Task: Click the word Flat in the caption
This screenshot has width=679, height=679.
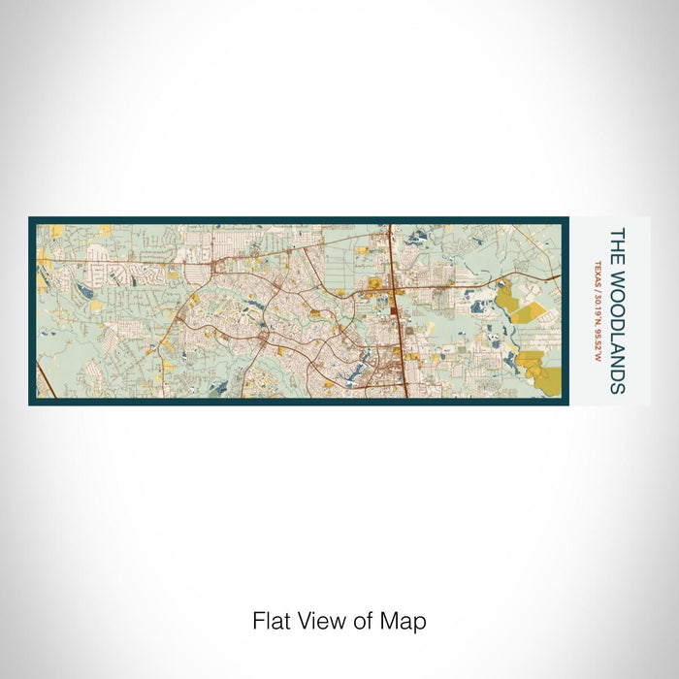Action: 272,621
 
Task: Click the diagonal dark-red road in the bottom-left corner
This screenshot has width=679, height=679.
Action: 45,378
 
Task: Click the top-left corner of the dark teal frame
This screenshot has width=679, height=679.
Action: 30,218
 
